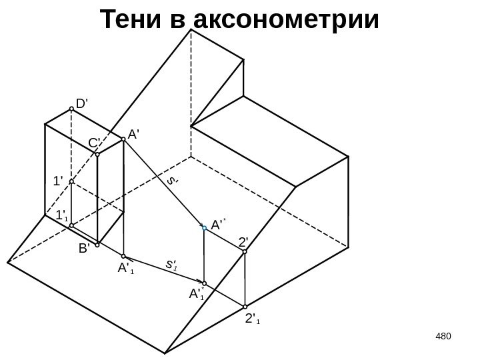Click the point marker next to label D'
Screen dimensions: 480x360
[71, 111]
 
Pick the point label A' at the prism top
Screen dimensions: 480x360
[133, 133]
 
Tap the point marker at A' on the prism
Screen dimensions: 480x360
[123, 139]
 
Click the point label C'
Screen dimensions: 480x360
[93, 143]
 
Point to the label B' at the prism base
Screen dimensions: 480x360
[84, 248]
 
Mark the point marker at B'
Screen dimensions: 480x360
[97, 244]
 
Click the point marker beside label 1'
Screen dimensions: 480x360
[71, 181]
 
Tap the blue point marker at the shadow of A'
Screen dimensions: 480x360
[204, 227]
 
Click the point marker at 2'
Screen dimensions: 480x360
[245, 253]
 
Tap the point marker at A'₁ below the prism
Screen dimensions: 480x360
[123, 256]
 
